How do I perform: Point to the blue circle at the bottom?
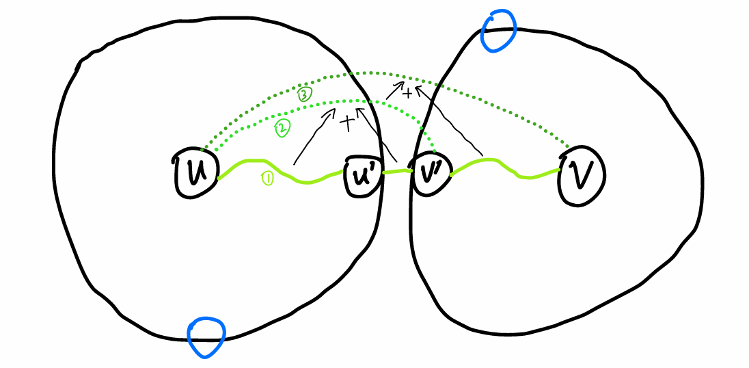(x=206, y=337)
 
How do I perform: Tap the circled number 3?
(x=304, y=96)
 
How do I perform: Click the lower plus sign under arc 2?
(x=348, y=123)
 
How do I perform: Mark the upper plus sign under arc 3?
(x=407, y=93)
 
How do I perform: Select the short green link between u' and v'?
(x=395, y=172)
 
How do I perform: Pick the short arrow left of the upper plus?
(x=392, y=89)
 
